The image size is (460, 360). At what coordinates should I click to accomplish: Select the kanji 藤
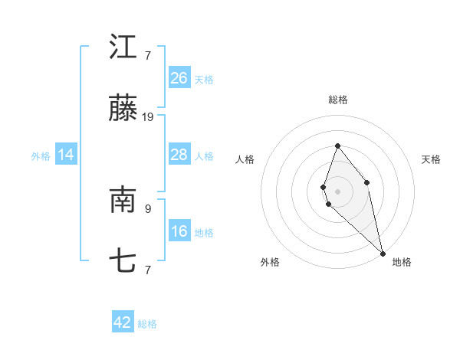tap(123, 109)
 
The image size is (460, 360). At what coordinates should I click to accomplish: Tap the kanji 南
tap(123, 201)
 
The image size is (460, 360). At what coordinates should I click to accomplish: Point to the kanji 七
tap(123, 262)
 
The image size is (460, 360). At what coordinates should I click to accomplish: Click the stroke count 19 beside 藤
tap(148, 117)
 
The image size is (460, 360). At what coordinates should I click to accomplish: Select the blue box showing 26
tap(179, 78)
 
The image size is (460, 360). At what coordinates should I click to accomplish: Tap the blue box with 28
tap(179, 155)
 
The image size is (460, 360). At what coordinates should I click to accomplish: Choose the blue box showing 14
tap(66, 155)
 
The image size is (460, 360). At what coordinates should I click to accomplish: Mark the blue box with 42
tap(123, 322)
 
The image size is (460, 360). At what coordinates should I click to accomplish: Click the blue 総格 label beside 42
tap(147, 324)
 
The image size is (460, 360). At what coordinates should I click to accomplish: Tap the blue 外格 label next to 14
tap(41, 156)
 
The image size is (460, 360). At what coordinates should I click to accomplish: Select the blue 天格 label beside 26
tap(204, 80)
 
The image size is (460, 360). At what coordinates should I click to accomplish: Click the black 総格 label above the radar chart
tap(338, 100)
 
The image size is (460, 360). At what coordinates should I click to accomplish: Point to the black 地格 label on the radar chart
tap(402, 262)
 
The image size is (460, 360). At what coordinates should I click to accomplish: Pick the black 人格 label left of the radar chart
tap(245, 159)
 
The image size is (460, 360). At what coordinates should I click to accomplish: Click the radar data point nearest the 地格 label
tap(383, 253)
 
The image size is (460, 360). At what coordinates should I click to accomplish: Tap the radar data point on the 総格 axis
tap(337, 146)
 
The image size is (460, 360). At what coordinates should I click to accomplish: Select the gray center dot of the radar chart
tap(337, 191)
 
